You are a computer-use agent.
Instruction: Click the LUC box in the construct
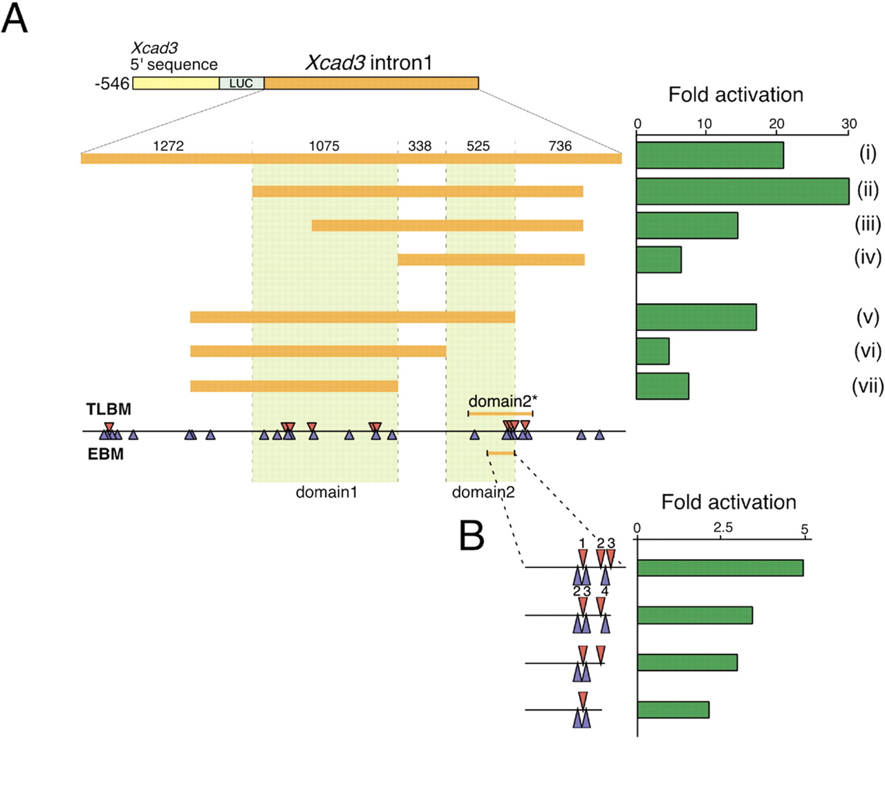(x=241, y=84)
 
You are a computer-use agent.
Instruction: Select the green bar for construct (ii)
(x=743, y=191)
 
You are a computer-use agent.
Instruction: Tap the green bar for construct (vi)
(x=653, y=351)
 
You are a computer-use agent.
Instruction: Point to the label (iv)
(x=868, y=257)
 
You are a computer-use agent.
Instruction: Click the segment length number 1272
(x=169, y=146)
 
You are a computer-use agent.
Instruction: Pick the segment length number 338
(x=420, y=146)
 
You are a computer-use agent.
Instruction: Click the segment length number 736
(x=560, y=146)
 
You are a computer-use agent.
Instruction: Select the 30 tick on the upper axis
(x=849, y=124)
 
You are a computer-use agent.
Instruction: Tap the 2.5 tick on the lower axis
(x=723, y=528)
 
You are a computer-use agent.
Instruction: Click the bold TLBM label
(x=109, y=410)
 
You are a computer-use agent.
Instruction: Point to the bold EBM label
(x=106, y=455)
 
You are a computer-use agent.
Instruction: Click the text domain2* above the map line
(x=503, y=401)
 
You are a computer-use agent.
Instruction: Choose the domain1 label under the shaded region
(x=326, y=493)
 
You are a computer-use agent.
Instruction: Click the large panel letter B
(x=472, y=535)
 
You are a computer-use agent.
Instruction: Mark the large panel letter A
(x=15, y=19)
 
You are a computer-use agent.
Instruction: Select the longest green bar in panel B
(x=720, y=568)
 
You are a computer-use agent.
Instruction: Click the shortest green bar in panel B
(x=673, y=710)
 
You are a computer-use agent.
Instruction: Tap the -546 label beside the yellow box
(x=112, y=84)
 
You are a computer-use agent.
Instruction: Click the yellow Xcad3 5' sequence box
(x=176, y=84)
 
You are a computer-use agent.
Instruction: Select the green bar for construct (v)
(x=696, y=317)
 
